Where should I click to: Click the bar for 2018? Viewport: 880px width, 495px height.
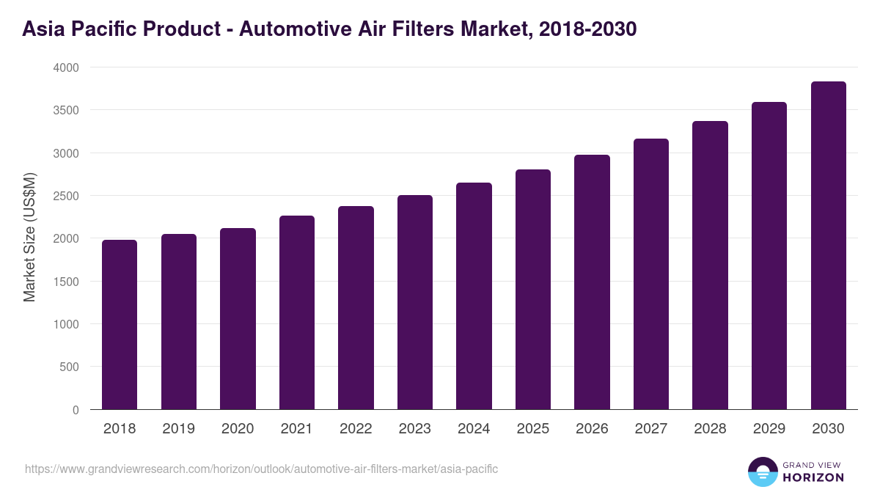coord(120,324)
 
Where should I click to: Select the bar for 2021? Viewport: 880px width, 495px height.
coord(297,312)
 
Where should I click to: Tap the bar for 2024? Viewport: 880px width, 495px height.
coord(474,296)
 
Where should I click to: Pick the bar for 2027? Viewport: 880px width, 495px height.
coord(651,274)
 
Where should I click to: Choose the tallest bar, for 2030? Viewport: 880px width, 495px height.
coord(828,245)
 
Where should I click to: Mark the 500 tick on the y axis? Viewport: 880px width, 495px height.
coord(69,367)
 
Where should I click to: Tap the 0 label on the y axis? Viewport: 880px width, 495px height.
coord(76,410)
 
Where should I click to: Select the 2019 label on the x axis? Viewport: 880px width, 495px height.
coord(179,429)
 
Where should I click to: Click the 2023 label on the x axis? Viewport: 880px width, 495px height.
coord(415,429)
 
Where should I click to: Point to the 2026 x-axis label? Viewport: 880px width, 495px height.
coord(592,429)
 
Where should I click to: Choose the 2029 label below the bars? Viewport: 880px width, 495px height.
coord(769,429)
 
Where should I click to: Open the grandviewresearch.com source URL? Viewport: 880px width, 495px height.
coord(261,469)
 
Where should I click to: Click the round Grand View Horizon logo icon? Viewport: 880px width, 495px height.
coord(762,472)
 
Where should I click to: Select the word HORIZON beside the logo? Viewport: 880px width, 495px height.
coord(813,477)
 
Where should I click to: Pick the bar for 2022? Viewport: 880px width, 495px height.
coord(356,308)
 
